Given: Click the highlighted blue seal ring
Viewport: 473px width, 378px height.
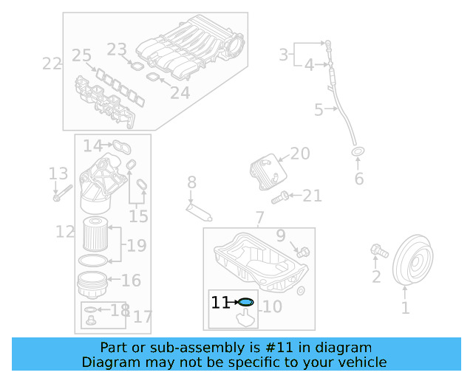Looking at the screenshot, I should coord(246,302).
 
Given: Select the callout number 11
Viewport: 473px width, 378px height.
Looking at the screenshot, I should coord(220,303).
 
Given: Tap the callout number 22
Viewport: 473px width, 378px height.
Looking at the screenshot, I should coord(52,63).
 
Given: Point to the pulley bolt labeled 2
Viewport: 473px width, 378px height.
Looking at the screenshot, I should coord(378,251).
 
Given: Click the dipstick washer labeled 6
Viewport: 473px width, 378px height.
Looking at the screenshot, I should coord(358,153).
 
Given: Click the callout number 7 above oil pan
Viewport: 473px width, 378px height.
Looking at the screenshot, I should coord(259,218).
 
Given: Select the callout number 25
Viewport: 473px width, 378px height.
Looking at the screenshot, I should coord(81,55).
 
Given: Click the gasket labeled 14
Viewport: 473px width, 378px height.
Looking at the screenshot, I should coord(123,146).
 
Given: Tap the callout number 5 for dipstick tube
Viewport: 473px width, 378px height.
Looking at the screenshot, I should coord(319,111).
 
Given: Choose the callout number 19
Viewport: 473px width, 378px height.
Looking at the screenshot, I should coord(137,245).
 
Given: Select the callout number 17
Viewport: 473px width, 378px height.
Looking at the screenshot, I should coord(142,317).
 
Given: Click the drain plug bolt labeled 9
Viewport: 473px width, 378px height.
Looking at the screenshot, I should coord(299,252).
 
